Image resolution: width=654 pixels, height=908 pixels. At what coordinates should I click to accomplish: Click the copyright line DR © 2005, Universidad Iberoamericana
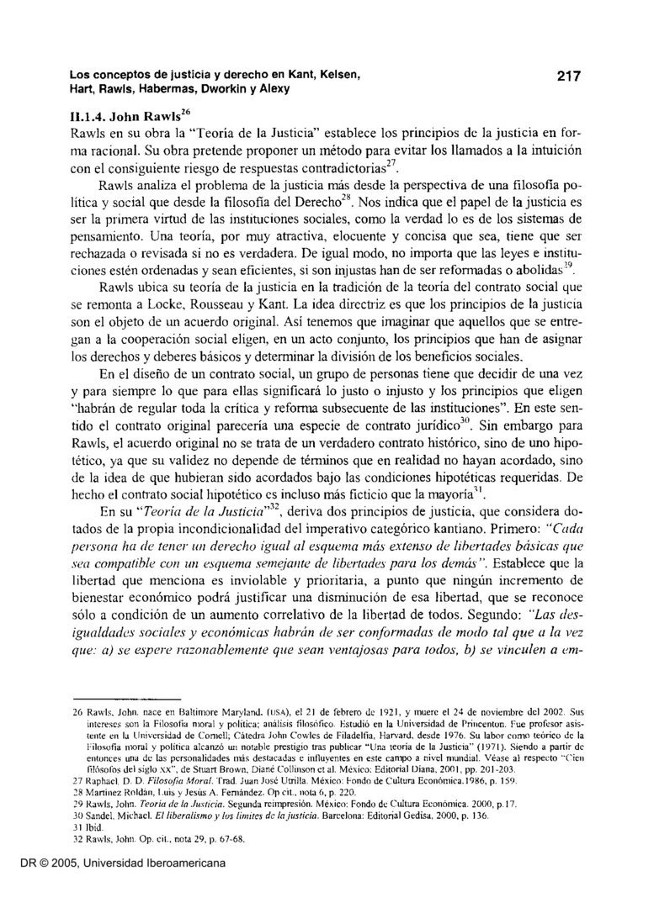click(114, 887)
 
